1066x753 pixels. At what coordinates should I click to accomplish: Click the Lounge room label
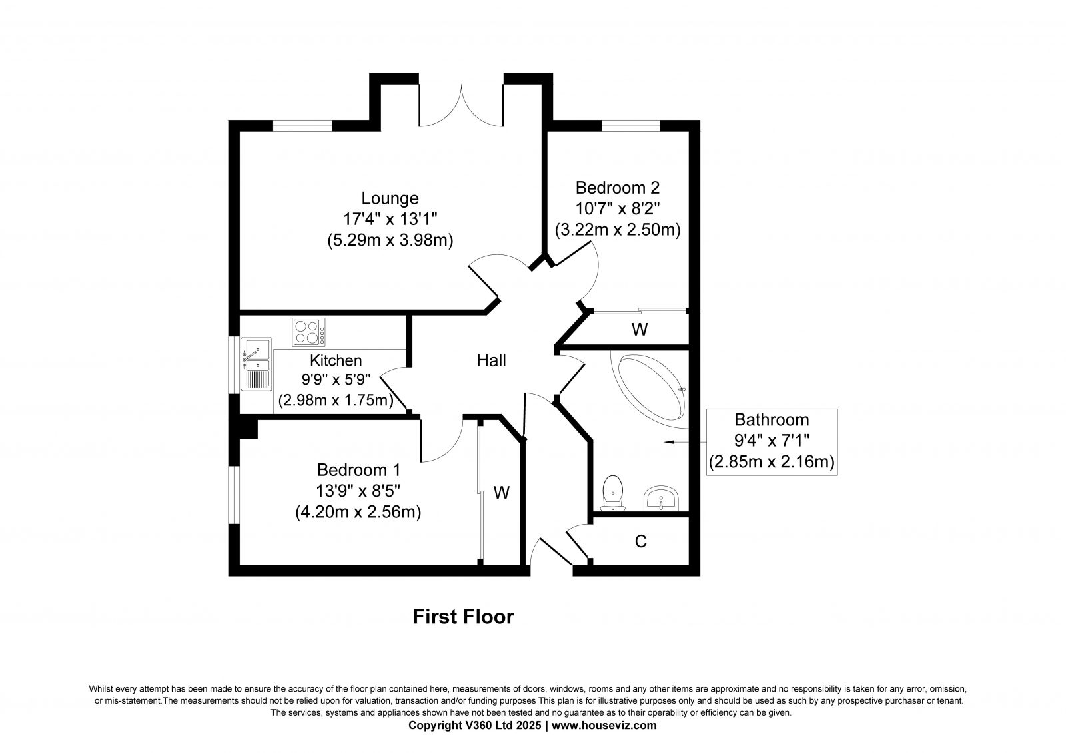(x=390, y=198)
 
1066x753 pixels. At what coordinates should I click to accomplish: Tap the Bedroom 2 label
(x=617, y=188)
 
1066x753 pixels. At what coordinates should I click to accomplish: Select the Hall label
(x=491, y=361)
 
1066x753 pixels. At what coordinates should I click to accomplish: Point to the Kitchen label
(x=336, y=360)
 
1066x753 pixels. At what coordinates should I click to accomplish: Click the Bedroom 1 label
(x=358, y=470)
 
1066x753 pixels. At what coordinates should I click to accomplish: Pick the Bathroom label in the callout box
(x=772, y=420)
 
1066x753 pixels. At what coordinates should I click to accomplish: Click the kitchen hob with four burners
(x=308, y=332)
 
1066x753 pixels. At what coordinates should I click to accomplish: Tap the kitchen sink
(x=256, y=364)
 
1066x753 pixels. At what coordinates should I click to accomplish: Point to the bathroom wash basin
(x=661, y=499)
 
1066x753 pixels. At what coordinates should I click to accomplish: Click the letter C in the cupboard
(x=640, y=541)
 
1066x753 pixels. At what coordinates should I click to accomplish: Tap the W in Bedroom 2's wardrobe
(x=640, y=329)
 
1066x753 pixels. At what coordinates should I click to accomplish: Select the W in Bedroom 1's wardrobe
(x=502, y=493)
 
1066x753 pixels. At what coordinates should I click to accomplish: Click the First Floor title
(x=463, y=617)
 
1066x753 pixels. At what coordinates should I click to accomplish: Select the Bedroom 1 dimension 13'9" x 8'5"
(x=358, y=491)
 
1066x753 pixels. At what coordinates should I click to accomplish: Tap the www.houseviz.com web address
(x=604, y=726)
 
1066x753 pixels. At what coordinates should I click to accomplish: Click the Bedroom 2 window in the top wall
(x=631, y=126)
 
